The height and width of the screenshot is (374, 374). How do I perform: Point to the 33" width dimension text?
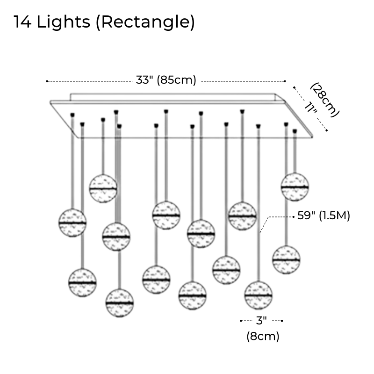(144, 80)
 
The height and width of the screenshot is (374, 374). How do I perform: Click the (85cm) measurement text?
(176, 80)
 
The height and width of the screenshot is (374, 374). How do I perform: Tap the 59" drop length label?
(307, 216)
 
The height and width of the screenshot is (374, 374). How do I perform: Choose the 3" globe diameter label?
(261, 321)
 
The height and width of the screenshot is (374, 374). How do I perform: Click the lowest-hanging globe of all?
(120, 303)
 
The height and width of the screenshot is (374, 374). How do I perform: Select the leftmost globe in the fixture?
(72, 223)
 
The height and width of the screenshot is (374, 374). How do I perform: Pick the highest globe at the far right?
(295, 186)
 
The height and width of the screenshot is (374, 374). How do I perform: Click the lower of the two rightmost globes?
(286, 259)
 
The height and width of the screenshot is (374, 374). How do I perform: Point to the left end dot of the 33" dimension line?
(47, 81)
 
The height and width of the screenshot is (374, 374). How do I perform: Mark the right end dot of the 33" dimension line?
(285, 81)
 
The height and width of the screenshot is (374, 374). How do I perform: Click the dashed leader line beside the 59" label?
(279, 216)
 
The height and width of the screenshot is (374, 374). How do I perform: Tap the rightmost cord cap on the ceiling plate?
(295, 131)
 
